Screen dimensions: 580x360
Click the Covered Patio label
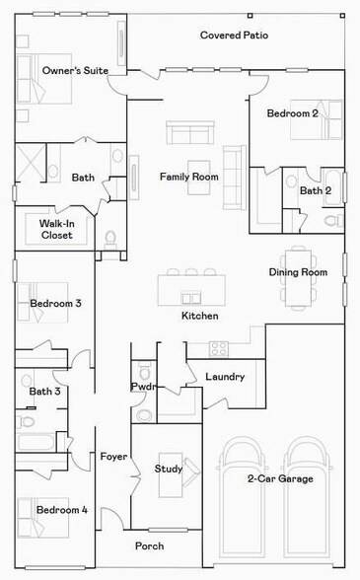pyautogui.click(x=235, y=35)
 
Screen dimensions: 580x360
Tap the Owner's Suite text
pyautogui.click(x=75, y=71)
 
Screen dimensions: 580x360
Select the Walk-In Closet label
pyautogui.click(x=56, y=229)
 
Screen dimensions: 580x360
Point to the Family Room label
pyautogui.click(x=189, y=177)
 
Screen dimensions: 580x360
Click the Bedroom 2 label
pyautogui.click(x=293, y=113)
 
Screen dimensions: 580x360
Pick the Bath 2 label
pyautogui.click(x=315, y=190)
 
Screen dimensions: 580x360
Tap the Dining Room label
pyautogui.click(x=298, y=272)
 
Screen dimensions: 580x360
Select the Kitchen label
pyautogui.click(x=199, y=316)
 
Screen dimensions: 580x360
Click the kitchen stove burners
pyautogui.click(x=218, y=347)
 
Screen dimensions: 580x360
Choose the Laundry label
pyautogui.click(x=224, y=377)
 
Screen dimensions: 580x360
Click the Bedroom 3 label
pyautogui.click(x=56, y=304)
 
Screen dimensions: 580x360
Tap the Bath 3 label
pyautogui.click(x=44, y=392)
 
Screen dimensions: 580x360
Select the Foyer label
pyautogui.click(x=113, y=457)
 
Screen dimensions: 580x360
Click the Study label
pyautogui.click(x=168, y=469)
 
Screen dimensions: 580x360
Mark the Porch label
pyautogui.click(x=149, y=544)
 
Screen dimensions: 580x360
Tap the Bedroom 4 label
pyautogui.click(x=62, y=510)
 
